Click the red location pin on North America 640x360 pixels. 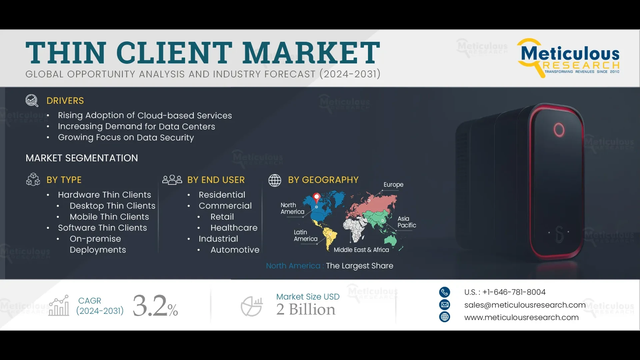(x=317, y=197)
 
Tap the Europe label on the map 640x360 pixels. (x=393, y=185)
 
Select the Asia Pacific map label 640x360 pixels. (x=407, y=222)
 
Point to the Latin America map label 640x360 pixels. (x=305, y=235)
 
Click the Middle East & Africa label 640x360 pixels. (x=361, y=250)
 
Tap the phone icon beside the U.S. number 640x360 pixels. (x=444, y=292)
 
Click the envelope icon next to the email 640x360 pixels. (x=444, y=305)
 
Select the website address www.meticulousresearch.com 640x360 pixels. (x=521, y=317)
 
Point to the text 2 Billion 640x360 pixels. (x=306, y=309)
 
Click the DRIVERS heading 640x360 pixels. (x=65, y=101)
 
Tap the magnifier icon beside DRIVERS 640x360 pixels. (x=32, y=100)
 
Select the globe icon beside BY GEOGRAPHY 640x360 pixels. (x=275, y=180)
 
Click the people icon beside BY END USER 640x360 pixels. (x=172, y=180)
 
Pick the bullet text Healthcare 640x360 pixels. (x=234, y=228)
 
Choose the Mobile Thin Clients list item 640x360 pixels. (x=109, y=217)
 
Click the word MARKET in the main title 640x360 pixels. (x=311, y=53)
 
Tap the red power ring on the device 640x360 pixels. (x=559, y=130)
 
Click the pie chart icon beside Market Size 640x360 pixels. (x=252, y=306)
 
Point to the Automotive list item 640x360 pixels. (x=235, y=250)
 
